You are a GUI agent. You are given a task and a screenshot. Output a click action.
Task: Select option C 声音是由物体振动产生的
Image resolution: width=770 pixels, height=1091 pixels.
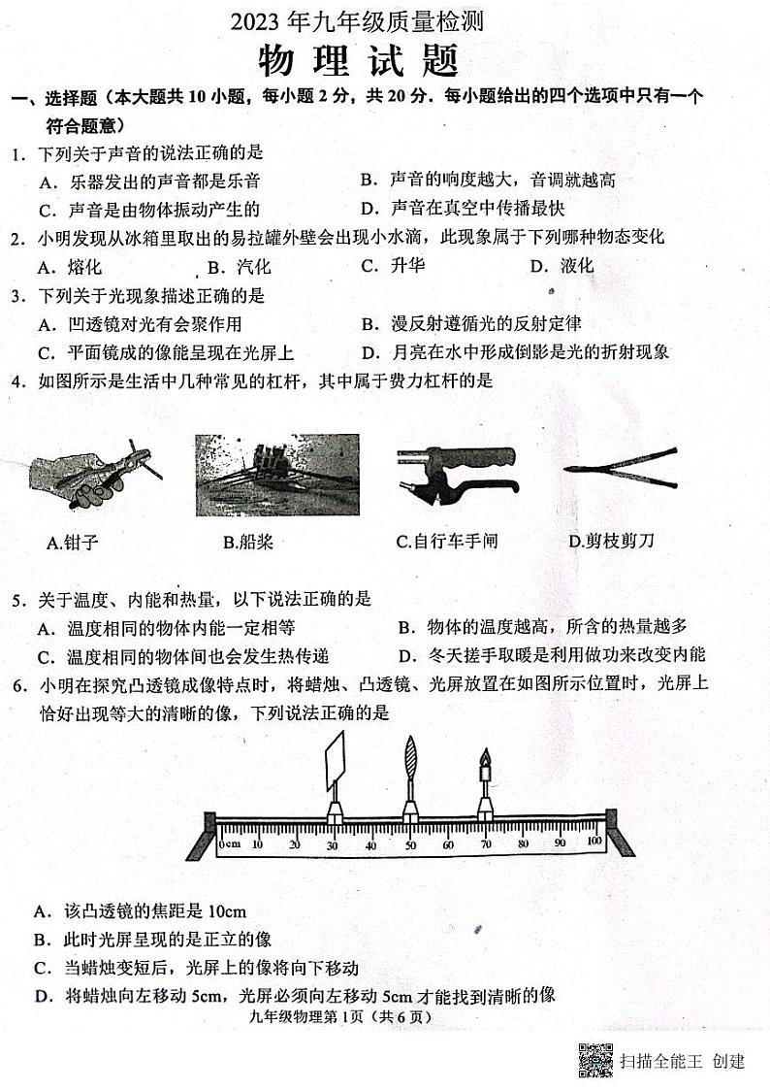coord(149,209)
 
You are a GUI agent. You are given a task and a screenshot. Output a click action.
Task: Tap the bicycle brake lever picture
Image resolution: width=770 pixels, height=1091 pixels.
coord(457,472)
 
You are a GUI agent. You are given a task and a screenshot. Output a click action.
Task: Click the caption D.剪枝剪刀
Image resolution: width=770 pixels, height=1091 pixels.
coord(611,541)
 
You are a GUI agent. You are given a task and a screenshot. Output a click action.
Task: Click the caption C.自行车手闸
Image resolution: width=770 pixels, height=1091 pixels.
coord(446,542)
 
